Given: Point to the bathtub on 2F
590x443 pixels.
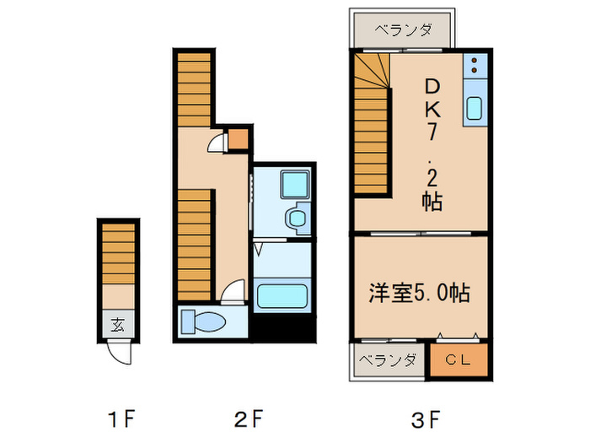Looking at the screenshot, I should pos(282,298).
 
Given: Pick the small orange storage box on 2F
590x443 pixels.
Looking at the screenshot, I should pos(239,138).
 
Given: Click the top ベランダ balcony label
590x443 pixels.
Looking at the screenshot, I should pos(404,31).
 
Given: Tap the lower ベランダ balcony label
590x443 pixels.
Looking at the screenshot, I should pos(388,360).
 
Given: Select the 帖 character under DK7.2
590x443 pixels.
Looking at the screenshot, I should pos(432,203).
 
